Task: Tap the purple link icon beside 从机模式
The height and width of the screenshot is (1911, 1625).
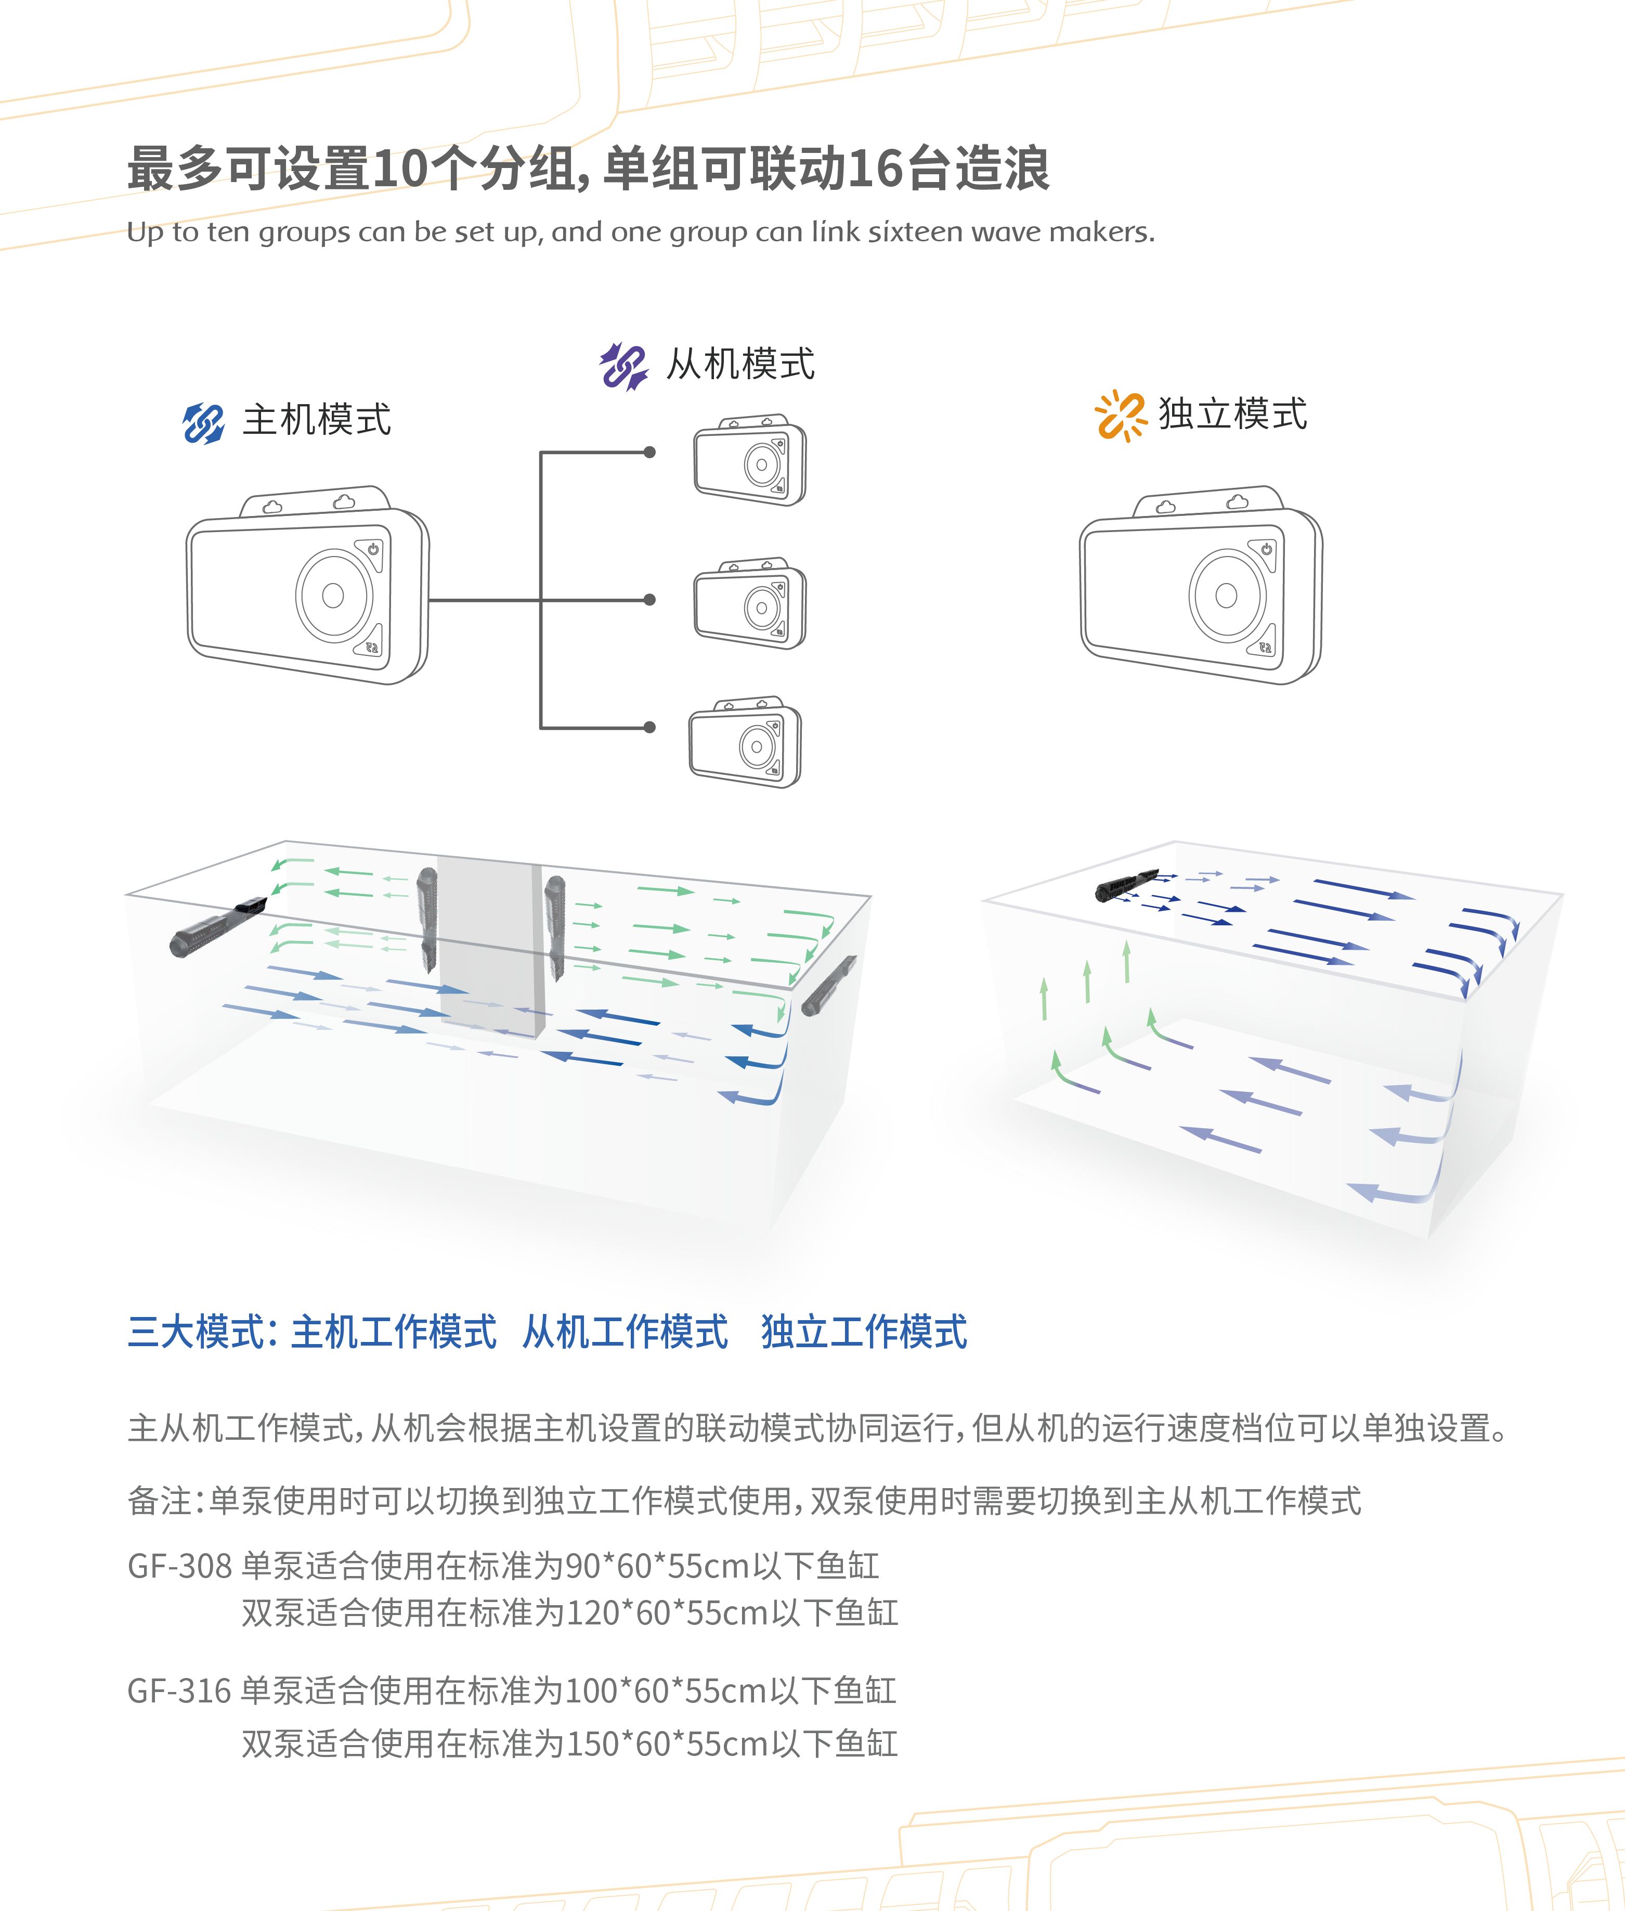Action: coord(623,366)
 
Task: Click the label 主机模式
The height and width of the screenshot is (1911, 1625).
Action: coord(317,420)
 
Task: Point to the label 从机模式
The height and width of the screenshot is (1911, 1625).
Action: coord(740,364)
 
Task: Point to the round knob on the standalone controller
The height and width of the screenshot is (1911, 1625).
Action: coord(1226,595)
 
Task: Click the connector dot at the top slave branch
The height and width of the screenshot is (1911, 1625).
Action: coord(649,453)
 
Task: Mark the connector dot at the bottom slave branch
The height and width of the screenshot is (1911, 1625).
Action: coord(649,727)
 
